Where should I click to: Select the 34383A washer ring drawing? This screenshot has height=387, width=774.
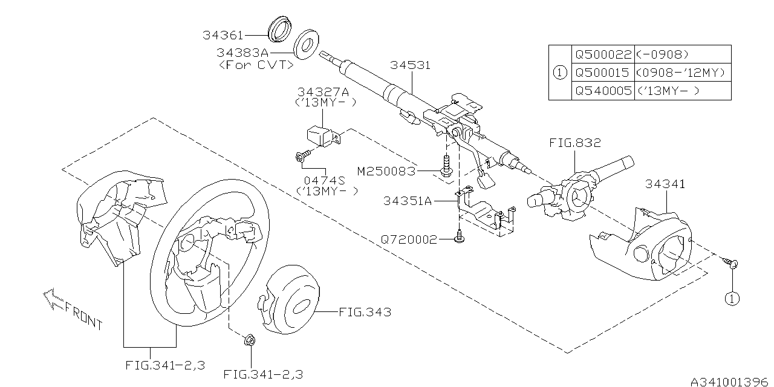pyautogui.click(x=307, y=44)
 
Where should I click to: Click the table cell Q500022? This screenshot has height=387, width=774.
pyautogui.click(x=602, y=54)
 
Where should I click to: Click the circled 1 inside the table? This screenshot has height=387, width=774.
pyautogui.click(x=560, y=73)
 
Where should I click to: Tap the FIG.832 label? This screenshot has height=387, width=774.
pyautogui.click(x=575, y=143)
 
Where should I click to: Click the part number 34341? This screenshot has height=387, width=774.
pyautogui.click(x=665, y=184)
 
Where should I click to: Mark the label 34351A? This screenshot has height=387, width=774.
pyautogui.click(x=408, y=201)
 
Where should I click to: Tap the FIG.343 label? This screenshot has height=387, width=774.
pyautogui.click(x=364, y=313)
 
